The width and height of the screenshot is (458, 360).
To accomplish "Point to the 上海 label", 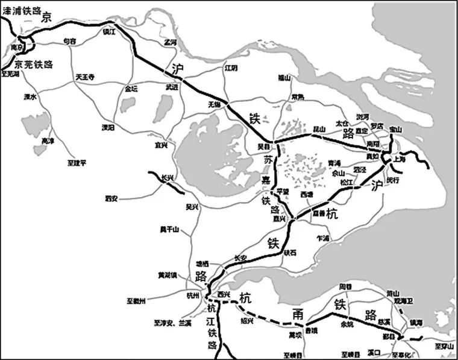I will point(400,159).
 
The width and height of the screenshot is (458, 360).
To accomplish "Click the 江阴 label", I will point(232,68).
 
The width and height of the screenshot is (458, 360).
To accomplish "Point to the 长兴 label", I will point(167,177).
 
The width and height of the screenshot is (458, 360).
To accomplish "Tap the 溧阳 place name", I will point(108,128).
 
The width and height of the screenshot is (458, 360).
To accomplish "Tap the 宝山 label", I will point(396,129).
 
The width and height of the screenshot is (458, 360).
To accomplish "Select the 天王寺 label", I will point(85,77).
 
